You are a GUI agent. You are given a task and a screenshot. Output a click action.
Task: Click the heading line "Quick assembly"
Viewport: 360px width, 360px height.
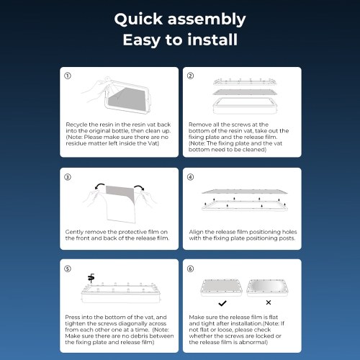click(x=180, y=19)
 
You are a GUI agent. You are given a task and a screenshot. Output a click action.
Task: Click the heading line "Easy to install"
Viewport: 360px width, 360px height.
click(x=180, y=40)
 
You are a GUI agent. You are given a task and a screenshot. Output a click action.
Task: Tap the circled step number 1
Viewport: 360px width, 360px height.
click(x=68, y=76)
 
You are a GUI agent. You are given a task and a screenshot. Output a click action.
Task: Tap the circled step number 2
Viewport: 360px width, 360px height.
click(x=190, y=76)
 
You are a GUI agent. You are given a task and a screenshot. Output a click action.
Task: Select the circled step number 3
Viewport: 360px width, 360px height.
click(x=68, y=177)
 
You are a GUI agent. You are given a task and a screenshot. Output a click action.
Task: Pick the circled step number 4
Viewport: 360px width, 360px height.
click(x=190, y=177)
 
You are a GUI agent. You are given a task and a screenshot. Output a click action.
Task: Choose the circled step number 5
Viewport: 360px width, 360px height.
click(x=68, y=269)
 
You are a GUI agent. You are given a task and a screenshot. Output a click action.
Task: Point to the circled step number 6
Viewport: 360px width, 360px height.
click(x=190, y=269)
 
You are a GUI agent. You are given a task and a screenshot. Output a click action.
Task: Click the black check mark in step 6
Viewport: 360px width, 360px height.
click(x=222, y=303)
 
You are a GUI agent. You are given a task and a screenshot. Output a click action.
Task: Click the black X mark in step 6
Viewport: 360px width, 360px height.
click(x=269, y=302)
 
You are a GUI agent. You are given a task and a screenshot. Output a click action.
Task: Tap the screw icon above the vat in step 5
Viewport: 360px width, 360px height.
click(x=91, y=278)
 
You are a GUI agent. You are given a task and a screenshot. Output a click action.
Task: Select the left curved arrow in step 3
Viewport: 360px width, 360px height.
click(x=100, y=186)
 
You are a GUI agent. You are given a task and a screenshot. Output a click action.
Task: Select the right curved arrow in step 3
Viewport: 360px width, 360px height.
click(x=139, y=187)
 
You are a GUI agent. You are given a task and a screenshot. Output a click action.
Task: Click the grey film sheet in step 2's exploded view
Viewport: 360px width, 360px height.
click(x=245, y=92)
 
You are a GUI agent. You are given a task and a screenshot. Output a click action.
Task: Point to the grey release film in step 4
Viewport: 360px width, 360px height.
click(x=245, y=192)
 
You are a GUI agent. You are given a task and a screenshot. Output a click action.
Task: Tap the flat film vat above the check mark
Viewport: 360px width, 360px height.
click(x=221, y=287)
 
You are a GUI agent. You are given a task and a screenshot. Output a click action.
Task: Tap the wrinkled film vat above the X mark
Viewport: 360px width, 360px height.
click(x=267, y=287)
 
